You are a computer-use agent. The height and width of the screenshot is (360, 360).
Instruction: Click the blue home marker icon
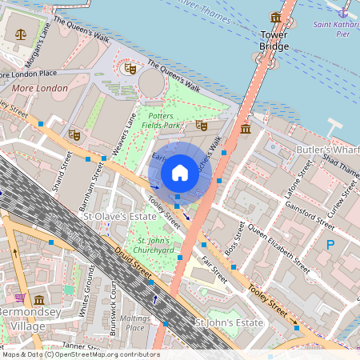(179, 172)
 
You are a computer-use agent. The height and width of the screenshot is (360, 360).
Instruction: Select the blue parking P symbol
(330, 245)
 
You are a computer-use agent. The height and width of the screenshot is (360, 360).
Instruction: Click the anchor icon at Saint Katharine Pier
(343, 12)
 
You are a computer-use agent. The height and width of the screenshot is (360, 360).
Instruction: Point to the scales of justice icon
(20, 35)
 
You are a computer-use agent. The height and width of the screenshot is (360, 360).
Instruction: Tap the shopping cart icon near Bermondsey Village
(19, 298)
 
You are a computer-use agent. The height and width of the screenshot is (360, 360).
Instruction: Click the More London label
(39, 88)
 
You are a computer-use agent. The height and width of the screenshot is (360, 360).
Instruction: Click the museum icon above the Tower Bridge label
(276, 17)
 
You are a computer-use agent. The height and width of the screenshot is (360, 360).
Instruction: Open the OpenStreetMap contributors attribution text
(80, 354)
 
